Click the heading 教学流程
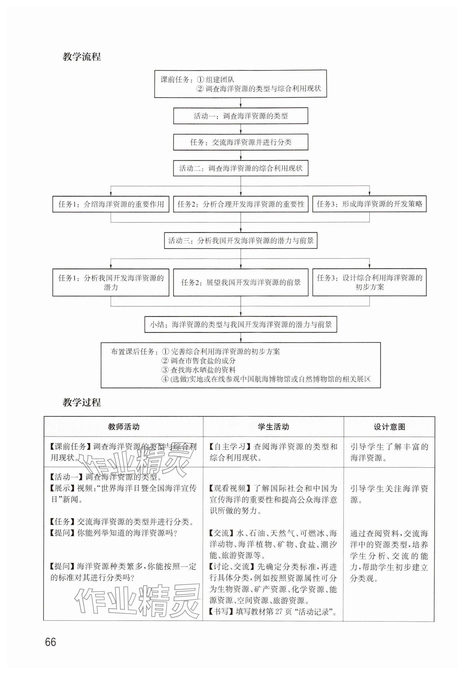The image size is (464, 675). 82,56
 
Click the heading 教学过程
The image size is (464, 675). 82,403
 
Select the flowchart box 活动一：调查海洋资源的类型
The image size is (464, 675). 240,116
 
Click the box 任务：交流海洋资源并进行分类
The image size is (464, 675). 240,142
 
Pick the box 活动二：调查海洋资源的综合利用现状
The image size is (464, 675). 240,168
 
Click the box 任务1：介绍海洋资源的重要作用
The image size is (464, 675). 111,204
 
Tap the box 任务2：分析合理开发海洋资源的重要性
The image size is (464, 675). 240,204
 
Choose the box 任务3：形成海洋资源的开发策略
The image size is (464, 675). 369,204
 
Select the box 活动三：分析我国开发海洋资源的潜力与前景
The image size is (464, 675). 240,240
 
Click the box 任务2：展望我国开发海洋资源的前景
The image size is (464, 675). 240,282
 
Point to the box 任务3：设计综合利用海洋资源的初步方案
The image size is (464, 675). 369,282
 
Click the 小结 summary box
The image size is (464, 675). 240,324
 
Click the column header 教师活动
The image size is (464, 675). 124,427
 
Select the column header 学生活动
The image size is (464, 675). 273,427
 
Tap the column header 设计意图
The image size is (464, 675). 389,427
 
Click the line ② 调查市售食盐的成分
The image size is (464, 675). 199,361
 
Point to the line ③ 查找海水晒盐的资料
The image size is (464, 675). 199,370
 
